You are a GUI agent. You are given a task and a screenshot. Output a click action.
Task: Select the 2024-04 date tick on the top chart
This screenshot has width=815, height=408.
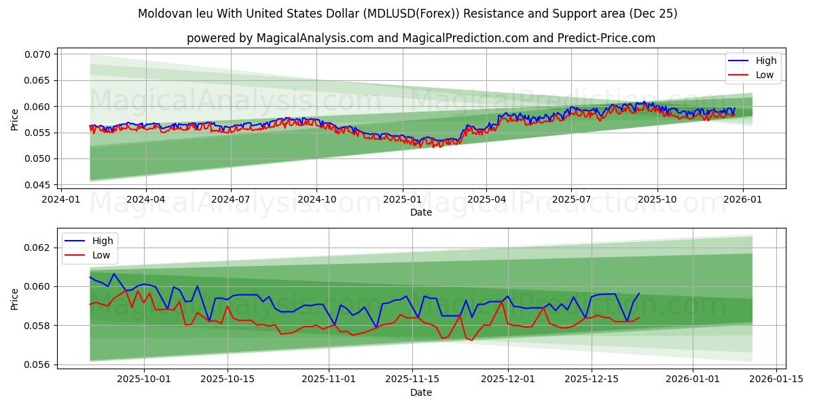tap(146, 200)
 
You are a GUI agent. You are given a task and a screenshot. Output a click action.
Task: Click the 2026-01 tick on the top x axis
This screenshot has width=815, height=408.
tap(742, 200)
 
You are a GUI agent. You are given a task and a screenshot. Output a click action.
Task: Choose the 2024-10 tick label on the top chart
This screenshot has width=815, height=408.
tap(316, 200)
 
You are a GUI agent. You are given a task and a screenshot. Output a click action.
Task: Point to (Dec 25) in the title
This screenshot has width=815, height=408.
tap(653, 14)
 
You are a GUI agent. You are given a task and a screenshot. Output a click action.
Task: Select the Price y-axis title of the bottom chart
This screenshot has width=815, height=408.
tap(15, 299)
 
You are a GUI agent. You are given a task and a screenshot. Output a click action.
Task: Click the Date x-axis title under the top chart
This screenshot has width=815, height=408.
tap(421, 212)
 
